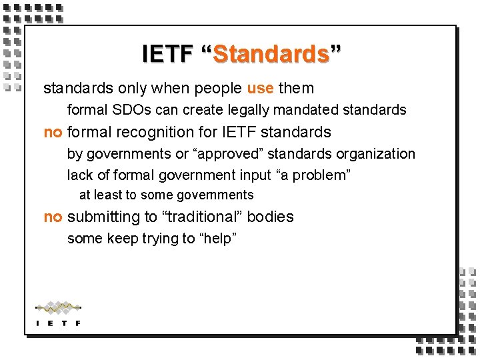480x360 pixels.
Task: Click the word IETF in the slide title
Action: click(167, 53)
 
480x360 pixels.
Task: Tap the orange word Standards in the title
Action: click(271, 53)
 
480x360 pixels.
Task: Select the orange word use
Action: click(260, 88)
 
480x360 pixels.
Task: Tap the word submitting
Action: click(105, 217)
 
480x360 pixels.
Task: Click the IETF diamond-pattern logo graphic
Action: click(58, 308)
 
